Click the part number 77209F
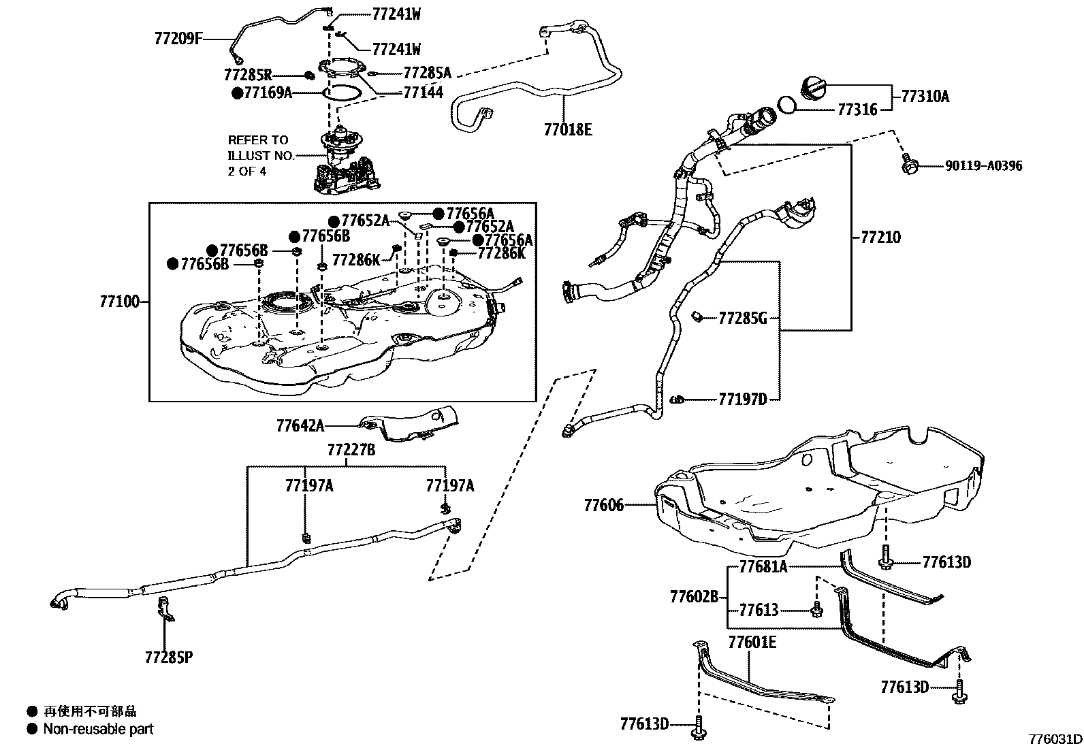[x=178, y=39]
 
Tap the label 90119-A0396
[x=983, y=165]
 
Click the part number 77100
[x=119, y=301]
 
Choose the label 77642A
[x=300, y=426]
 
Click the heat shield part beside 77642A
[x=409, y=422]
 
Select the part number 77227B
[x=351, y=450]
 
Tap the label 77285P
[x=168, y=657]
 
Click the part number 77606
[x=603, y=505]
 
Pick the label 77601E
[x=752, y=642]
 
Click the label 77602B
[x=694, y=597]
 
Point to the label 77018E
[x=568, y=129]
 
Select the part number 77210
[x=880, y=238]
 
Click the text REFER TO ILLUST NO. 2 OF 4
[x=260, y=155]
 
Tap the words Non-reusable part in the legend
[x=98, y=729]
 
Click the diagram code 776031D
[x=1055, y=739]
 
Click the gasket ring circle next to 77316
[x=786, y=104]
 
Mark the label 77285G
[x=742, y=317]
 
